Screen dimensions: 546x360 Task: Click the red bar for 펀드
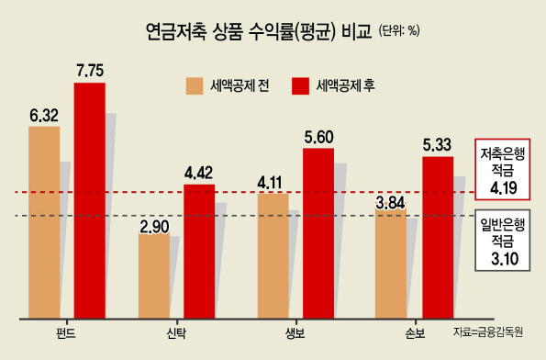point(90,200)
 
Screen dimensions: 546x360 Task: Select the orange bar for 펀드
point(44,222)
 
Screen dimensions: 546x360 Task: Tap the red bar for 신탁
point(199,252)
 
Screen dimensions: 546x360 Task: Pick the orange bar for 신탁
point(154,276)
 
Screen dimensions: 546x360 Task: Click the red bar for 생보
point(318,233)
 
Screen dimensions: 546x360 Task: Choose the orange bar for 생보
point(273,256)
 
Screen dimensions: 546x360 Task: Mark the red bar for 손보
point(438,237)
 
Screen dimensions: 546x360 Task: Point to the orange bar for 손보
point(391,260)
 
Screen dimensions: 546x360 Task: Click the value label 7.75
point(90,71)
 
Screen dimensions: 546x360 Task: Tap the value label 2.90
point(154,227)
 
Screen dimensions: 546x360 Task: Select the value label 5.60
point(318,138)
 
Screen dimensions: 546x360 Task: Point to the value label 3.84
point(391,203)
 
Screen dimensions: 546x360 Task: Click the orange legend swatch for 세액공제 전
point(195,86)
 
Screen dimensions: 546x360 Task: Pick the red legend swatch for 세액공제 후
point(300,86)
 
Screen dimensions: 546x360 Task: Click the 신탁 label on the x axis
point(176,333)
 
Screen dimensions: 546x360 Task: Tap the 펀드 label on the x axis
point(66,333)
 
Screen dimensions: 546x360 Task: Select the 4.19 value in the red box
point(504,188)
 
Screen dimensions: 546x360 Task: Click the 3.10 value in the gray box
point(505,259)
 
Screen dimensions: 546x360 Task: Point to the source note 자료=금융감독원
point(488,332)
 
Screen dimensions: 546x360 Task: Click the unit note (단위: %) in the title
point(399,31)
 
